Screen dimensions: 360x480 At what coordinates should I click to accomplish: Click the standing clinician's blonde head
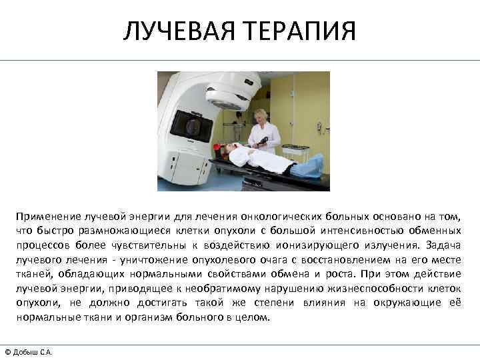click(261, 115)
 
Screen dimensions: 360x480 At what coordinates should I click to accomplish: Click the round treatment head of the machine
click(231, 93)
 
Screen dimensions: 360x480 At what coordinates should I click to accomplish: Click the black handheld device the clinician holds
click(264, 141)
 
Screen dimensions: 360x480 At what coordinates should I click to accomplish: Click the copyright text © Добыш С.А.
click(29, 351)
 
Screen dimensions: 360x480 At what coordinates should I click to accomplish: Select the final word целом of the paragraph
click(253, 317)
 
